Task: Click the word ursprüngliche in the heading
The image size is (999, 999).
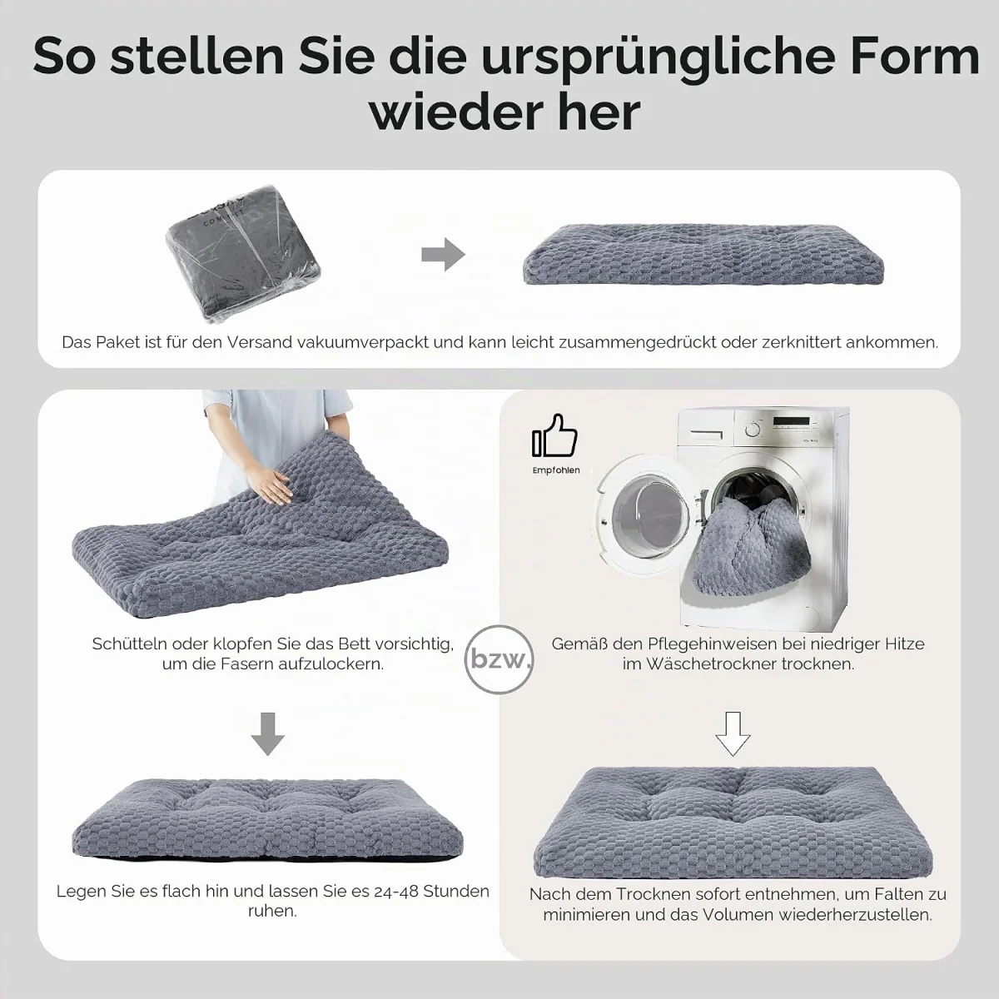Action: click(x=648, y=58)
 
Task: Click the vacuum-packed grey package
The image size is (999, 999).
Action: click(x=242, y=253)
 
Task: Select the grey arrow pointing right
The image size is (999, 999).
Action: click(x=443, y=255)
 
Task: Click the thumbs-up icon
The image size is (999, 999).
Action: click(x=554, y=435)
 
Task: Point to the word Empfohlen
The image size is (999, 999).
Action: click(x=556, y=470)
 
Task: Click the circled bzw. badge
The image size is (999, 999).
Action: click(x=499, y=659)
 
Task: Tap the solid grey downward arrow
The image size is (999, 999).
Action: click(x=267, y=734)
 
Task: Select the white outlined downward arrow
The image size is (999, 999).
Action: click(x=733, y=734)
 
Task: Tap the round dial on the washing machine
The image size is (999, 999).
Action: click(x=753, y=430)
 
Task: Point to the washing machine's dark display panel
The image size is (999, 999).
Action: click(x=791, y=421)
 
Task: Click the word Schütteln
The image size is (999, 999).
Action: click(x=130, y=644)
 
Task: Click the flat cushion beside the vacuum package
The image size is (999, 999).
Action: click(x=703, y=254)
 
